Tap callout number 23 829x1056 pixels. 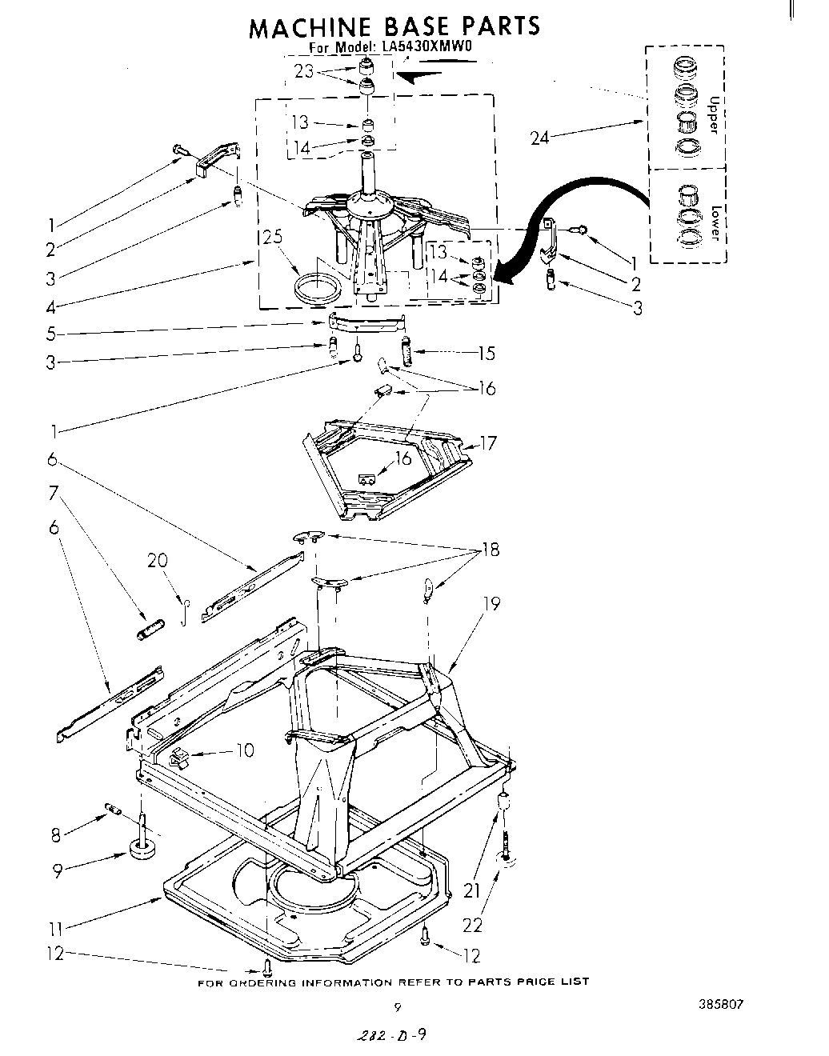click(x=303, y=70)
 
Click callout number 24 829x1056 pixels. click(x=541, y=138)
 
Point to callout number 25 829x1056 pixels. click(x=272, y=238)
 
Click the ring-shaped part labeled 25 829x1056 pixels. click(x=316, y=287)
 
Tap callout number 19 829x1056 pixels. click(x=491, y=603)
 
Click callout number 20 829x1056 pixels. click(x=158, y=560)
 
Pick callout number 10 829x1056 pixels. click(x=244, y=750)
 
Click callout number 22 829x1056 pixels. click(x=474, y=925)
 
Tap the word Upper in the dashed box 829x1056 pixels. click(x=715, y=115)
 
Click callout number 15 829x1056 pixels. click(x=486, y=353)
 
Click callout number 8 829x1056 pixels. click(x=55, y=835)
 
